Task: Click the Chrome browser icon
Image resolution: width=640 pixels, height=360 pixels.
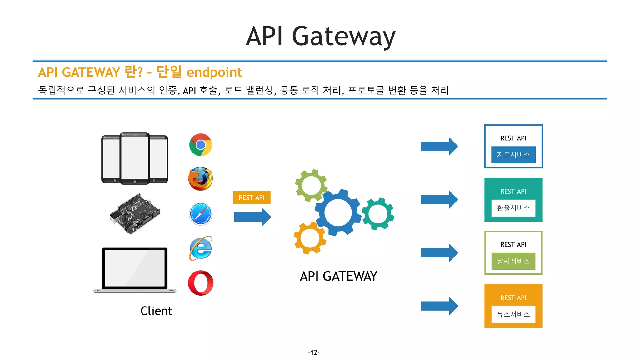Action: pos(201,145)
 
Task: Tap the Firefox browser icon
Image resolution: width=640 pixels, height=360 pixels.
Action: pos(201,179)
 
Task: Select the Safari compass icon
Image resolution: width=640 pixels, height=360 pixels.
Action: pos(201,214)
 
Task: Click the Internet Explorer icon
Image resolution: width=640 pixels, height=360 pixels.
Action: pos(201,248)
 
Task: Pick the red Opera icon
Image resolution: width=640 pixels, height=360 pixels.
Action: pos(201,283)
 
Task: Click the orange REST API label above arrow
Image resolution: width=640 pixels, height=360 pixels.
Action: pos(252,197)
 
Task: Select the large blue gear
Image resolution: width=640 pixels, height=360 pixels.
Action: pos(338,212)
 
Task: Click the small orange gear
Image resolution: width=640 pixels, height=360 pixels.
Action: pos(310,238)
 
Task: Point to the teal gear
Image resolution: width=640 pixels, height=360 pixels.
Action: pos(378,214)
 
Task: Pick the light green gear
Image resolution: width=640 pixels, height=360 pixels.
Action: pos(311,185)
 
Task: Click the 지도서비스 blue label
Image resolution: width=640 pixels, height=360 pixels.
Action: pos(513,155)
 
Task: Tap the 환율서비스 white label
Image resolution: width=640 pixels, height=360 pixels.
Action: pos(513,208)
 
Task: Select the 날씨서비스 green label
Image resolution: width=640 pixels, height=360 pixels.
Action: pos(513,261)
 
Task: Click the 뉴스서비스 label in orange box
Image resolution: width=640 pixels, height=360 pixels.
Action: pos(513,314)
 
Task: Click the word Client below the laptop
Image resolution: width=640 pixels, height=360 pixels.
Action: pos(156,311)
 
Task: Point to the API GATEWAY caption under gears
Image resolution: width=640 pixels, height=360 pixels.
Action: pos(338,276)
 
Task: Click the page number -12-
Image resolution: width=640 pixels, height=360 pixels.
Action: pos(314,352)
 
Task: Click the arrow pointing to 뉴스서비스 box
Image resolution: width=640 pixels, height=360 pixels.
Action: pos(439,306)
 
